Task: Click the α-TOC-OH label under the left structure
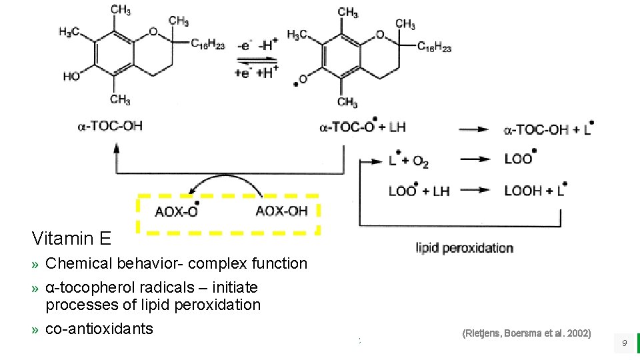tap(109, 126)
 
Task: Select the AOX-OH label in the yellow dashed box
tap(281, 211)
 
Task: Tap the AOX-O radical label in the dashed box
tap(176, 211)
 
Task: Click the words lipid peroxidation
tap(465, 248)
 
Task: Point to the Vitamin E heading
tap(71, 238)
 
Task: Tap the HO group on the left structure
tap(71, 77)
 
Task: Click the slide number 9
tap(624, 343)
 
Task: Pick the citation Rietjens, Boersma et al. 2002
tap(526, 333)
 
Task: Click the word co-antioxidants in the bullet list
tap(99, 329)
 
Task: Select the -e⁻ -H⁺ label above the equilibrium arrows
tap(255, 46)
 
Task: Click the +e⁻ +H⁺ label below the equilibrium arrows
tap(254, 73)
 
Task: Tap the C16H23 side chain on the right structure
tap(434, 47)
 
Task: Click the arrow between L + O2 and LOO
tap(475, 159)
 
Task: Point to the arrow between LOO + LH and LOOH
tap(475, 191)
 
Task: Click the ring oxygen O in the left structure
tap(153, 31)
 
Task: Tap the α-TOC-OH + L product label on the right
tap(549, 129)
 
